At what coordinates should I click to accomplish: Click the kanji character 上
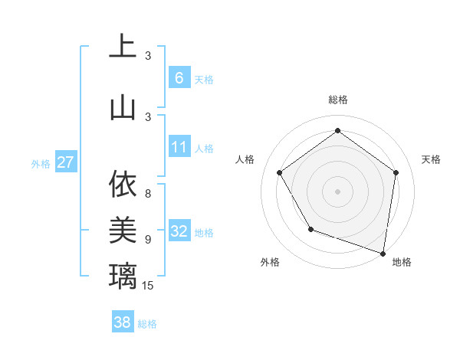[123, 47]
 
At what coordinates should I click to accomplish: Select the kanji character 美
[123, 229]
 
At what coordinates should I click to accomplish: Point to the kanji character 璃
[123, 275]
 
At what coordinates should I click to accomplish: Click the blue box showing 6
[179, 77]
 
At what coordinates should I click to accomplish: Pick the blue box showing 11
[179, 147]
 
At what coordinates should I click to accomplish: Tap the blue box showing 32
[179, 231]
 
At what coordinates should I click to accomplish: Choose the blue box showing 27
[66, 162]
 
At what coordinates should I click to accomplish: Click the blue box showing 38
[123, 322]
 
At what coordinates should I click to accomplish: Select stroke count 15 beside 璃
[149, 286]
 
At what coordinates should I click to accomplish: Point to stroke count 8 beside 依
[148, 185]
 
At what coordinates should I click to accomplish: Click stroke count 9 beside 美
[148, 240]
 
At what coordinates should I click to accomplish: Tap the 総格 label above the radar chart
[338, 100]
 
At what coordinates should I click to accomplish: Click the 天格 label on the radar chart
[431, 159]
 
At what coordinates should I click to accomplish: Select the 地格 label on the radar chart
[402, 262]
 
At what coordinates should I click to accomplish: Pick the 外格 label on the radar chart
[270, 262]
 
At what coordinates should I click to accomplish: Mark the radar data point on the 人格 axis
[279, 172]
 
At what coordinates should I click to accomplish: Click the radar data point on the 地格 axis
[383, 253]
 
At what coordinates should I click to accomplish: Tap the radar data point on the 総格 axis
[337, 131]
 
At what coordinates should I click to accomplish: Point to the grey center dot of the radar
[337, 191]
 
